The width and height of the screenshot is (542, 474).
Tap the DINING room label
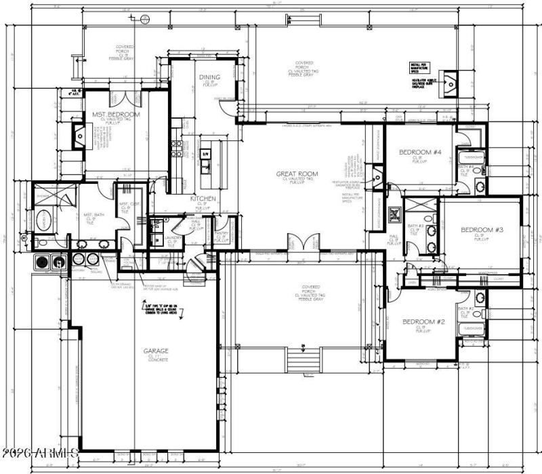click(x=209, y=77)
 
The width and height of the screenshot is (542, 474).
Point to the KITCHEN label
click(x=203, y=199)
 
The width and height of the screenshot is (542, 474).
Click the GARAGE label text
click(x=155, y=351)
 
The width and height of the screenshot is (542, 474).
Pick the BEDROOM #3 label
click(x=482, y=230)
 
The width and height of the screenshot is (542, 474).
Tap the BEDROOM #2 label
click(x=423, y=321)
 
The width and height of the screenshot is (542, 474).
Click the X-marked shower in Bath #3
click(x=421, y=205)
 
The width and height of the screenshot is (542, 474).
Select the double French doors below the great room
click(x=303, y=243)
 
